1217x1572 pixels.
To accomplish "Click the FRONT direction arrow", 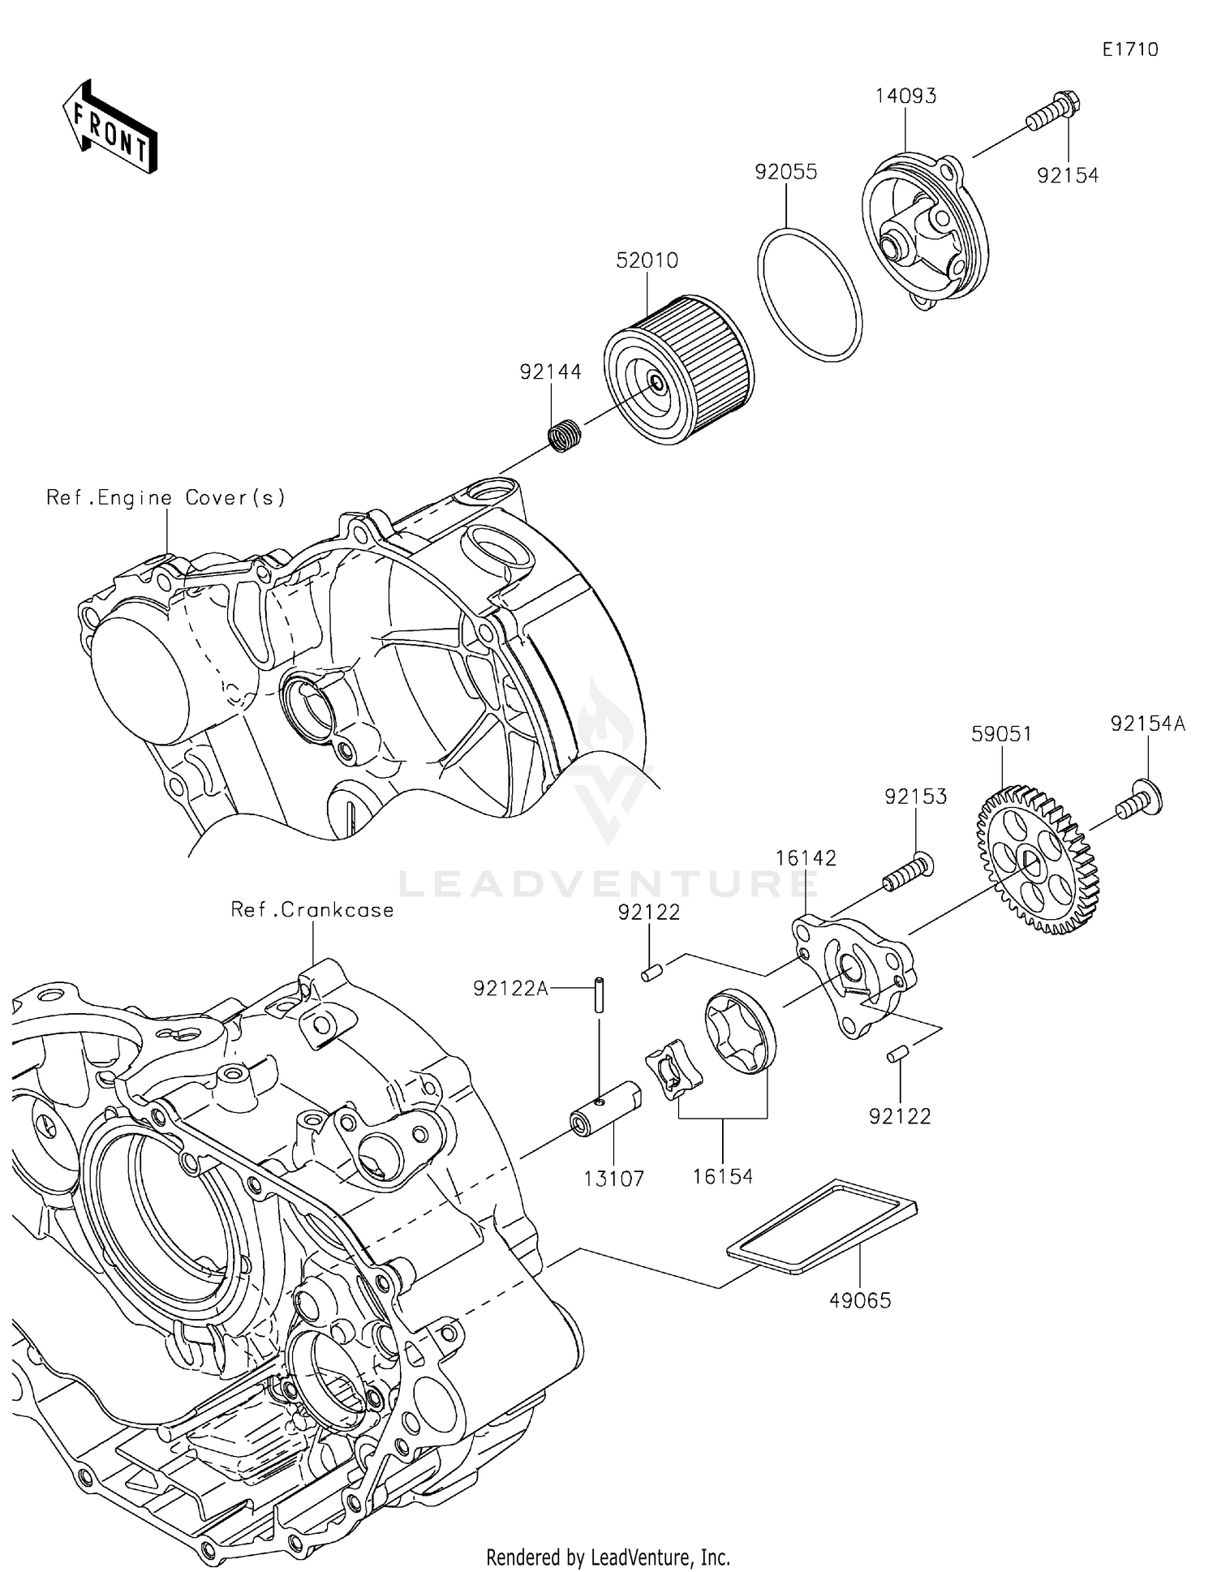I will (110, 127).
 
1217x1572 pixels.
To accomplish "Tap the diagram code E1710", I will (1129, 49).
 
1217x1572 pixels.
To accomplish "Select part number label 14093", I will (905, 96).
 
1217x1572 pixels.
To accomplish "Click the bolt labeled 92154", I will (1053, 114).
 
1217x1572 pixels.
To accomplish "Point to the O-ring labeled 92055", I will (809, 294).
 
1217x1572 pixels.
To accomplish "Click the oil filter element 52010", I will (679, 370).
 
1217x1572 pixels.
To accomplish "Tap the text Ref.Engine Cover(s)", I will (166, 497).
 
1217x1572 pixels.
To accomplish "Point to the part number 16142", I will (806, 858).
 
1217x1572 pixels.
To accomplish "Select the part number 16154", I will (723, 1176).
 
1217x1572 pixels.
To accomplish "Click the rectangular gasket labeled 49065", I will (820, 1226).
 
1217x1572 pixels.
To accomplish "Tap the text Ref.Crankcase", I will (312, 909).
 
